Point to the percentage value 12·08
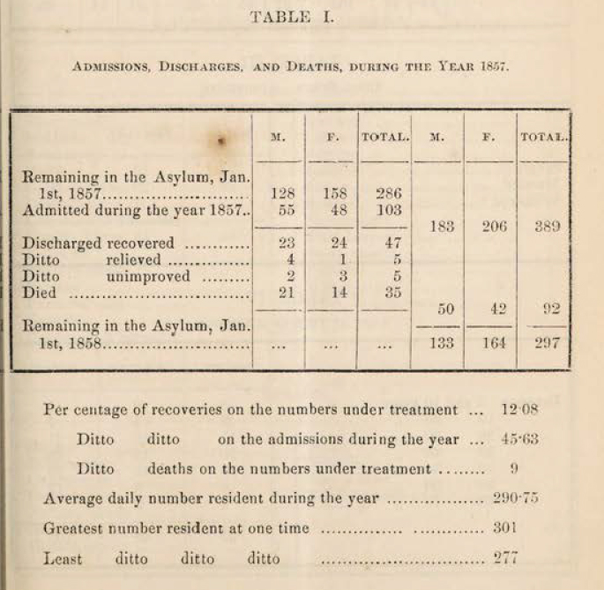(518, 409)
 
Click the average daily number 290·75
(518, 498)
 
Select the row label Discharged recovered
(97, 243)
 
